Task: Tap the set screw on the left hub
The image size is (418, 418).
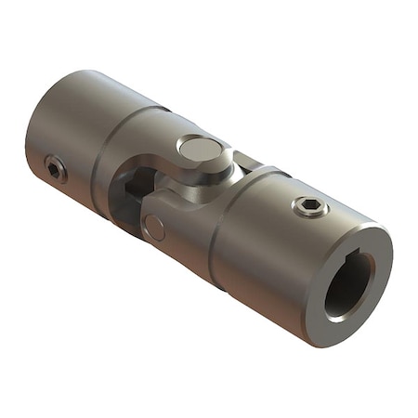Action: pos(56,169)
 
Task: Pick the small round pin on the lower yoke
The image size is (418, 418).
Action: pos(155,226)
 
